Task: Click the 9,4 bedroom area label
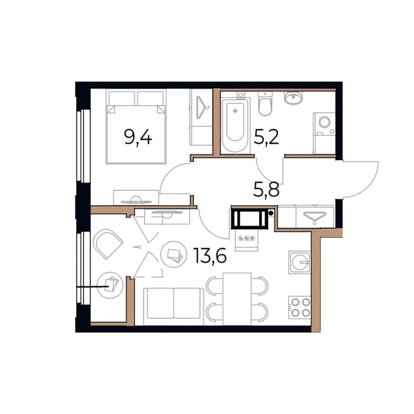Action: click(x=138, y=138)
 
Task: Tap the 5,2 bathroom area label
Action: click(x=266, y=137)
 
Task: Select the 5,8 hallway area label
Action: click(x=266, y=190)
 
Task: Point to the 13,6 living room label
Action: click(x=210, y=256)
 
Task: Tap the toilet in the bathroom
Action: click(x=265, y=103)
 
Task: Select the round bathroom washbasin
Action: click(x=293, y=98)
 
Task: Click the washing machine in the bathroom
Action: click(x=324, y=133)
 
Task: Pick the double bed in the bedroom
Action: click(x=136, y=127)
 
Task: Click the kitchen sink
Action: click(x=299, y=262)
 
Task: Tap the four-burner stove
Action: click(x=299, y=308)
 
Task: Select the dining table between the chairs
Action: click(x=237, y=299)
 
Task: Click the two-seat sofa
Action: click(x=173, y=306)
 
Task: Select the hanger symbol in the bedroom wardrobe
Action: click(x=202, y=108)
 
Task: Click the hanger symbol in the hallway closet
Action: click(x=315, y=217)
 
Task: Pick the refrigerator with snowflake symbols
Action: click(x=247, y=240)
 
